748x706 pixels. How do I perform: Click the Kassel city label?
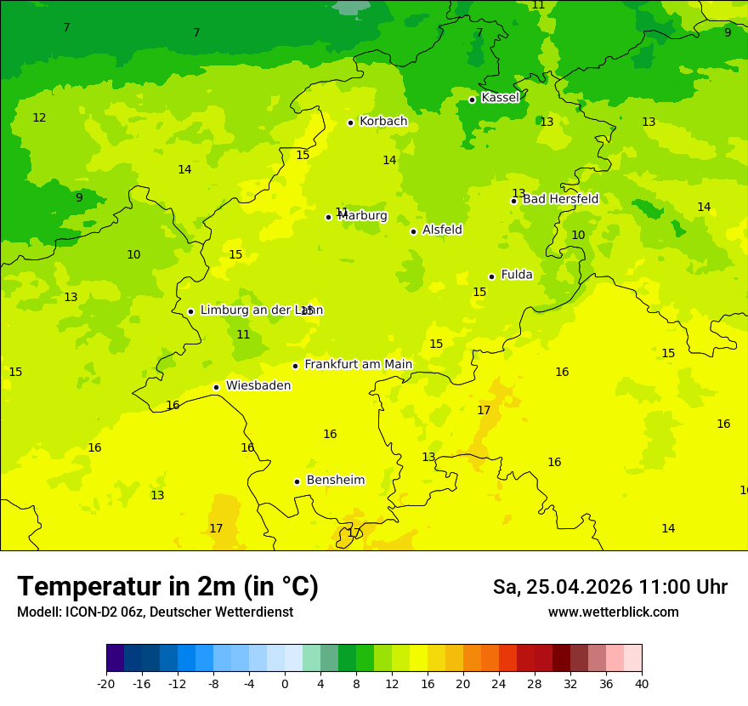500,98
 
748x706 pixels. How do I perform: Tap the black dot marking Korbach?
350,122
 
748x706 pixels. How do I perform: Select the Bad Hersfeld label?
560,199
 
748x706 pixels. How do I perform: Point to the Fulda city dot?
491,276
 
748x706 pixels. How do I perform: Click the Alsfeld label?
442,230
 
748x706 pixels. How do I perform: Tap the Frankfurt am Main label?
358,364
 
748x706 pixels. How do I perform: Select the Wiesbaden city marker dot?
217,387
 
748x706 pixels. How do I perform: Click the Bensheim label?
335,480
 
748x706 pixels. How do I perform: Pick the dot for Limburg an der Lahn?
190,311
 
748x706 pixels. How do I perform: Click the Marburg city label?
363,215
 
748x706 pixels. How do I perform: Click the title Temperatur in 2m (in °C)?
167,586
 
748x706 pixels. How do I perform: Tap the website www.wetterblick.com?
613,612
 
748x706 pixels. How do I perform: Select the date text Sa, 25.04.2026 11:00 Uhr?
609,587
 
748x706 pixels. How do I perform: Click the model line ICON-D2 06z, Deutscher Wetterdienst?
155,612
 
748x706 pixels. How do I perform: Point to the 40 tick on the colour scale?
642,683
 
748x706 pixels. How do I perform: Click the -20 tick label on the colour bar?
106,683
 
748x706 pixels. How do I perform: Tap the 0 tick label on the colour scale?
285,683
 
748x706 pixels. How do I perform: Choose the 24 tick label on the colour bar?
499,683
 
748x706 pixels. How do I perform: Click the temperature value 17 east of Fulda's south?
484,410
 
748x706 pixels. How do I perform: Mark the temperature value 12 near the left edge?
39,117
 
